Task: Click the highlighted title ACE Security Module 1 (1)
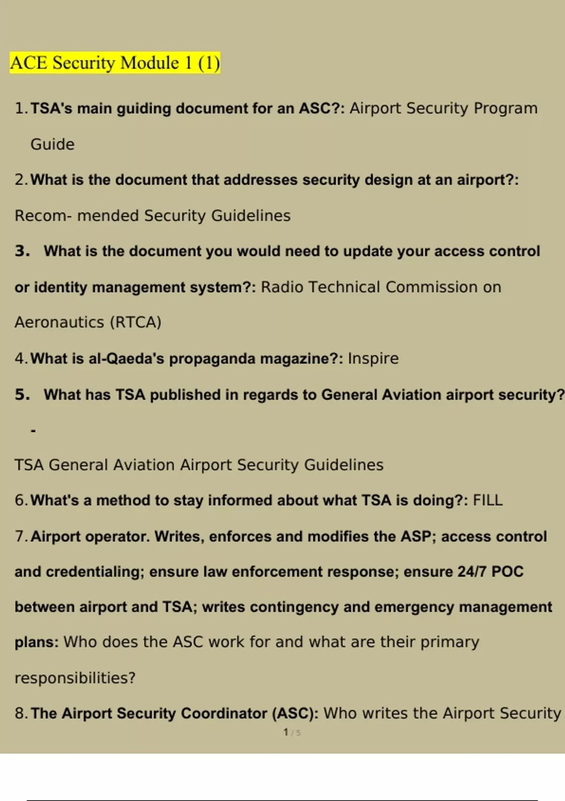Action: pos(115,63)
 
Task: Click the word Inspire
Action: pos(373,359)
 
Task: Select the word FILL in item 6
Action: pos(487,500)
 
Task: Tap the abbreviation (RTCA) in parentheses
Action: pos(136,323)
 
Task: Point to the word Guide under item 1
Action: pos(52,144)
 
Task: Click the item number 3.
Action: pos(22,251)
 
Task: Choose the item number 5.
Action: pos(22,395)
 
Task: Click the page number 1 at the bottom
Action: pos(286,732)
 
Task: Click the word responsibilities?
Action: pos(75,678)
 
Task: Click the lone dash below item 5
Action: pos(33,430)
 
